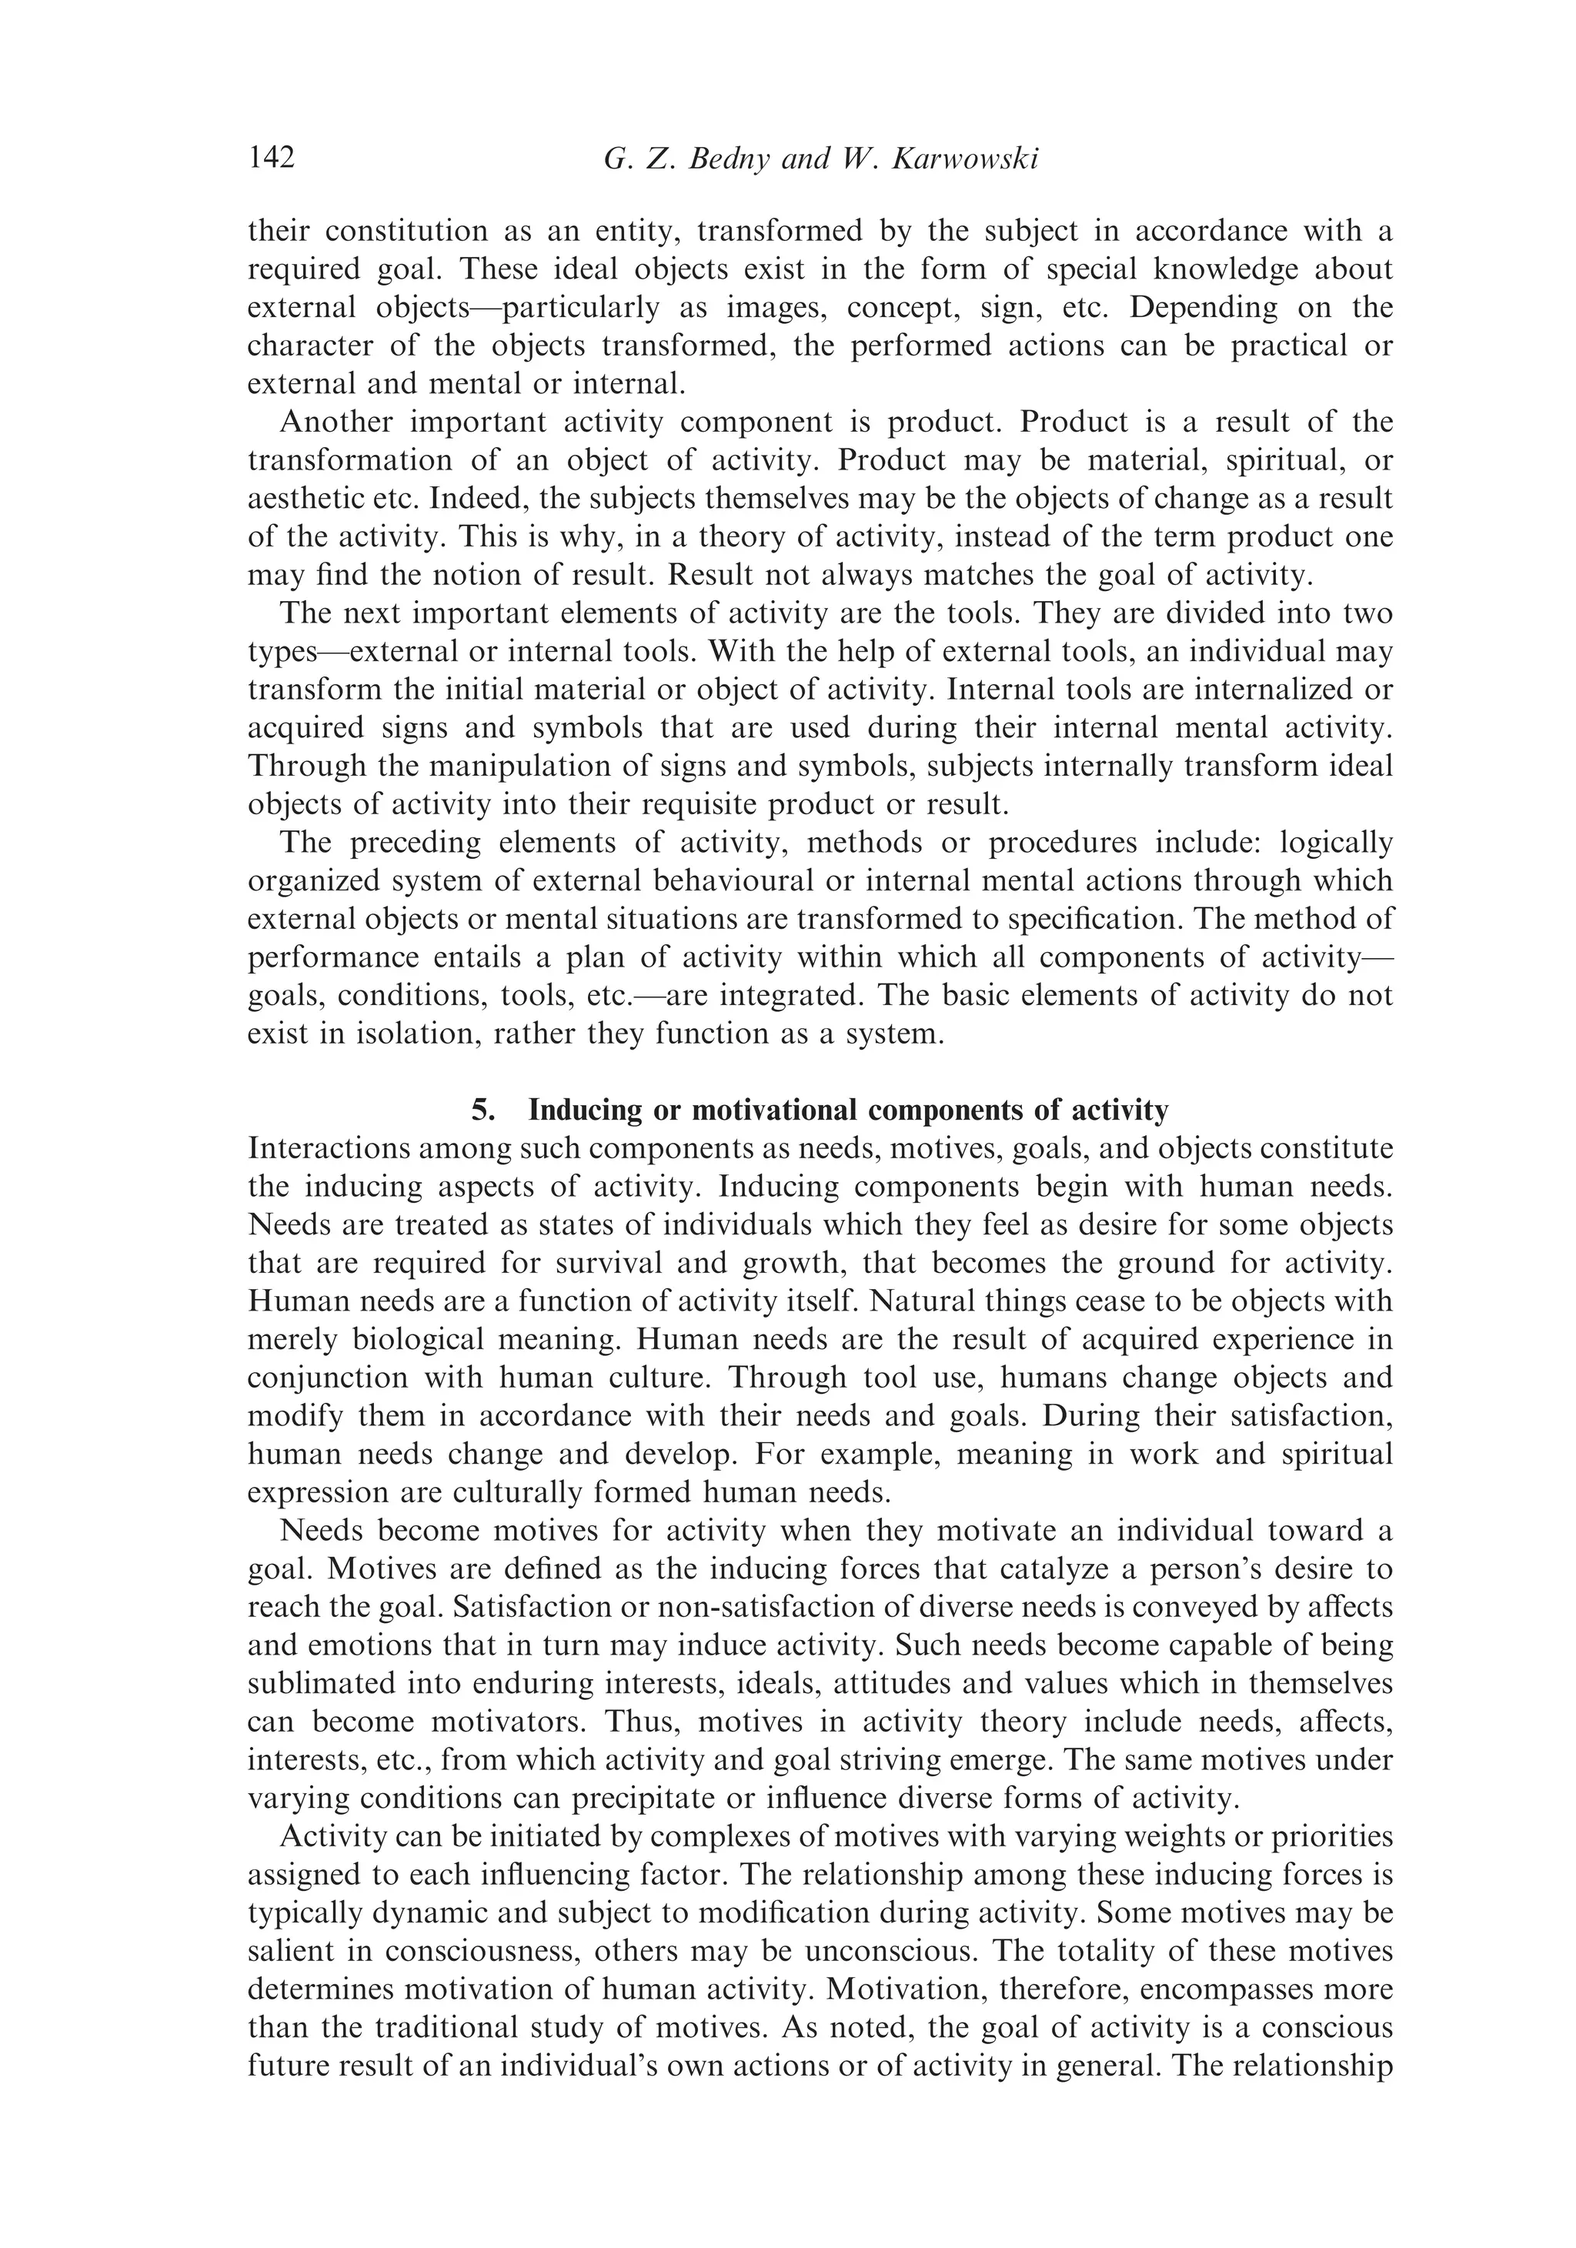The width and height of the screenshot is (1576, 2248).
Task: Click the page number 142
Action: tap(272, 158)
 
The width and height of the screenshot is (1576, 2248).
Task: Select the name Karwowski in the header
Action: tap(965, 159)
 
